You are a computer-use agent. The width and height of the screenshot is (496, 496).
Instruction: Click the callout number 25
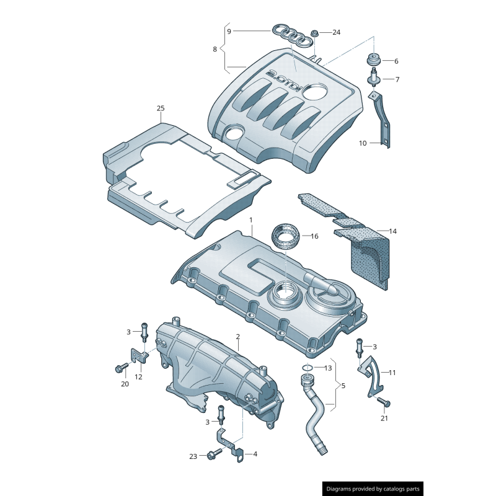[x=161, y=108]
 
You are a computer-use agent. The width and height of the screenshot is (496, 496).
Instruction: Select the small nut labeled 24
[x=315, y=33]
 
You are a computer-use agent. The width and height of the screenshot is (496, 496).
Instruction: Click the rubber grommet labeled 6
[x=373, y=61]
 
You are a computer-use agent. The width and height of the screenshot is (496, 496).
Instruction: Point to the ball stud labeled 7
[x=374, y=79]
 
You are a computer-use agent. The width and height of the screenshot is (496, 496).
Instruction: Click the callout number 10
[x=363, y=143]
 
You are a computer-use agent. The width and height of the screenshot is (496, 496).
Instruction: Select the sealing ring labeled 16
[x=286, y=237]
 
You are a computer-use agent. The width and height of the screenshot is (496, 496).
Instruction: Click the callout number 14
[x=393, y=231]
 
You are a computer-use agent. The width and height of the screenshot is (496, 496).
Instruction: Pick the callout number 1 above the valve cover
[x=251, y=220]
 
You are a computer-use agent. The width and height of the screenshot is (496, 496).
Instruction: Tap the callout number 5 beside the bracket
[x=343, y=386]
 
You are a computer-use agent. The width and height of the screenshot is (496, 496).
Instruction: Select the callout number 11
[x=392, y=373]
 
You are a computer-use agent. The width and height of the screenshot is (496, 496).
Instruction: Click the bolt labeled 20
[x=120, y=368]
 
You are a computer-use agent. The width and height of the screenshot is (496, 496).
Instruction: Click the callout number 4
[x=255, y=454]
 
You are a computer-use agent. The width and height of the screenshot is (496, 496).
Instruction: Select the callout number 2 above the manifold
[x=237, y=337]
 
